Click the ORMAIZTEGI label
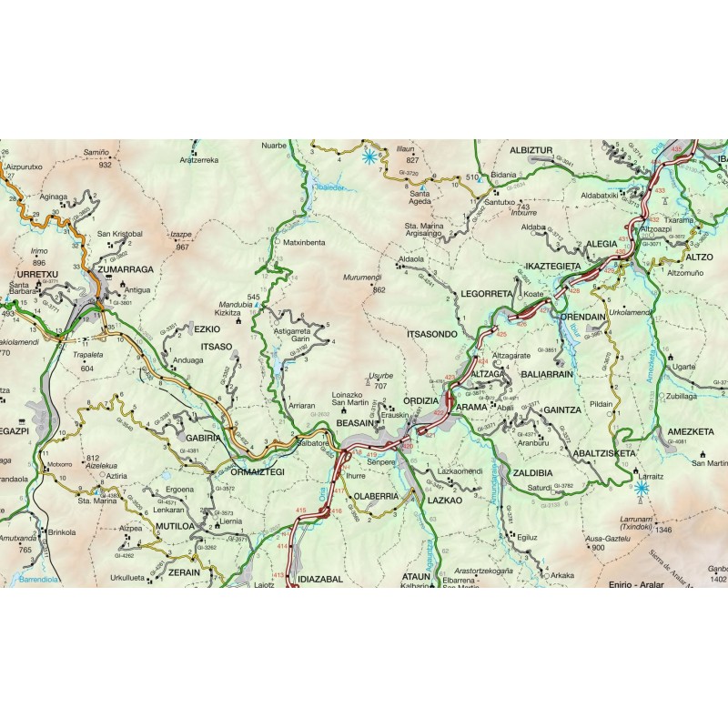(x=258, y=471)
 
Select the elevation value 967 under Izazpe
(x=182, y=247)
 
